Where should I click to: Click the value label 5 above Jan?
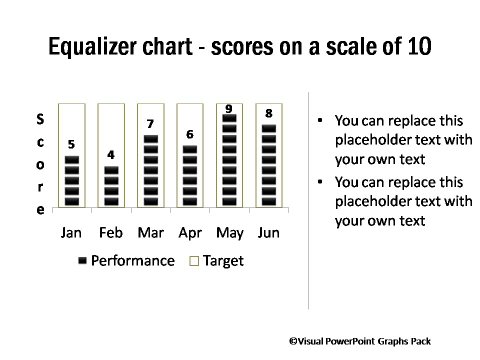click(72, 143)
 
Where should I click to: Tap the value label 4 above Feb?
click(111, 155)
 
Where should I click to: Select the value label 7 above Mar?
click(150, 124)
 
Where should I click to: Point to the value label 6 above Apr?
click(189, 134)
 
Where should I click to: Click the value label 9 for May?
click(229, 108)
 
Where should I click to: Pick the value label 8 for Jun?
click(268, 114)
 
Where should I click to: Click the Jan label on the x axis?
click(72, 233)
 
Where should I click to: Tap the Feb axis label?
click(111, 233)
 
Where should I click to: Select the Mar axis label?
click(150, 233)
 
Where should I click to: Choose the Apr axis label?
click(189, 233)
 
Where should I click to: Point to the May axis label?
click(229, 233)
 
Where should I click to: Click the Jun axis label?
click(268, 233)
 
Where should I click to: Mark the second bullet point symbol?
click(320, 184)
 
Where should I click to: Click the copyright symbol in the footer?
click(294, 341)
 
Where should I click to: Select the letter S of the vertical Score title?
click(40, 119)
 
